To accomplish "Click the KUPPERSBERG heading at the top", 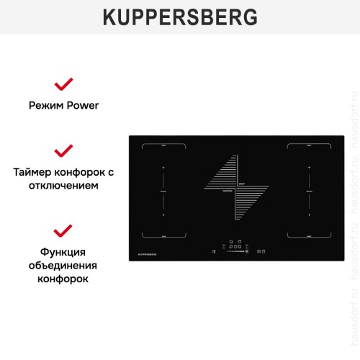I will tap(179, 17).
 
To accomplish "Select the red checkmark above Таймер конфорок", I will tap(63, 150).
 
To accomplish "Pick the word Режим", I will tap(45, 105).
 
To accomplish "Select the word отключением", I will tap(63, 185).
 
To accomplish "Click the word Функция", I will tap(63, 252).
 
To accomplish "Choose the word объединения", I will tap(63, 265).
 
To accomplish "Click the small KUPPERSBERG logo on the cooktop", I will tap(148, 254).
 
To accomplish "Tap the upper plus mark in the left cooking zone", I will tap(163, 189).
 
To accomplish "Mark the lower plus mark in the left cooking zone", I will tap(163, 215).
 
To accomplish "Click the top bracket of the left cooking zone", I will tap(163, 167).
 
